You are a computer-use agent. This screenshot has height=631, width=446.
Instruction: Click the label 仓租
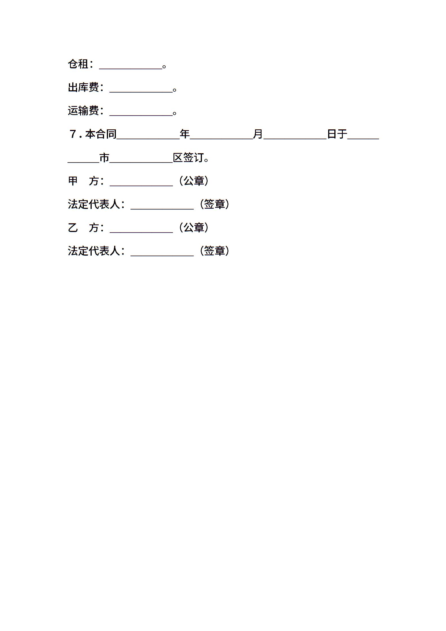click(x=78, y=64)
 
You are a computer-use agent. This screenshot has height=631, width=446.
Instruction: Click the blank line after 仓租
click(x=131, y=69)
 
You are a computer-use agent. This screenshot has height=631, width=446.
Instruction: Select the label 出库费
click(x=84, y=87)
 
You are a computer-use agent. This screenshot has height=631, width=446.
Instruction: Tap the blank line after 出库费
click(x=141, y=92)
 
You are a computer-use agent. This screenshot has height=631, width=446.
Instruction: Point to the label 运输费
click(x=84, y=111)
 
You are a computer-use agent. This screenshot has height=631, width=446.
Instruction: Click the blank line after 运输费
click(x=141, y=115)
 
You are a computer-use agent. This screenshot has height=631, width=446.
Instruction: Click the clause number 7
click(x=73, y=134)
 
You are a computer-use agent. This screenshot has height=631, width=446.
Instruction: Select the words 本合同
click(x=101, y=134)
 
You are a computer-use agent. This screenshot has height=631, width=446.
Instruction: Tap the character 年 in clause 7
click(x=185, y=134)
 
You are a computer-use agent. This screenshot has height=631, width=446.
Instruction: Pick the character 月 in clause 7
click(x=258, y=134)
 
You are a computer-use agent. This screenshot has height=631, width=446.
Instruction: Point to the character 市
click(x=104, y=158)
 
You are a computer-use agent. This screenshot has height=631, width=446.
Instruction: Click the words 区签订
click(x=188, y=158)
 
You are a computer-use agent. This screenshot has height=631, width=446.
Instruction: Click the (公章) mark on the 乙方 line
click(x=194, y=227)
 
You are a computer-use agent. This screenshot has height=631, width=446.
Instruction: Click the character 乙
click(x=73, y=227)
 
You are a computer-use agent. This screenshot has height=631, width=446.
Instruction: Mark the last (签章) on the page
click(x=215, y=251)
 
